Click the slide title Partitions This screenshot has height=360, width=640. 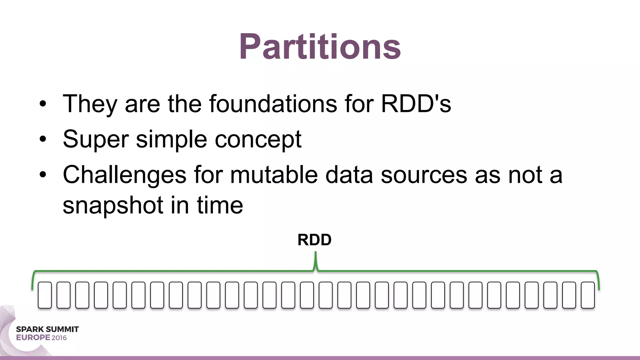(320, 47)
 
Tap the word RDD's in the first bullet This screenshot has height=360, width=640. (416, 104)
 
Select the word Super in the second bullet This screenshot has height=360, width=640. (96, 139)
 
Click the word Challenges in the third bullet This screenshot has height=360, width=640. (124, 175)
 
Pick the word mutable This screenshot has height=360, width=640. (274, 175)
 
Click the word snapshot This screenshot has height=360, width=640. (113, 206)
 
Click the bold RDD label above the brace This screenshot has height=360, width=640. (314, 240)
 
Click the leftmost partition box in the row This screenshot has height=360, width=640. (45, 295)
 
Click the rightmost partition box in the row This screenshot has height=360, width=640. (587, 295)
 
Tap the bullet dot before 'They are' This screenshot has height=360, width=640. (43, 104)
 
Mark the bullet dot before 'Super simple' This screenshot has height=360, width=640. (43, 139)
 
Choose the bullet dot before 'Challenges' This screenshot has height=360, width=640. (43, 175)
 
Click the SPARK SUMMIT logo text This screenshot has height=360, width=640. (47, 329)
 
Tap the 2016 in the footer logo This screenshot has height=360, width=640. (59, 338)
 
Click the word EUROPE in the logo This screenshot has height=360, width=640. (33, 338)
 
